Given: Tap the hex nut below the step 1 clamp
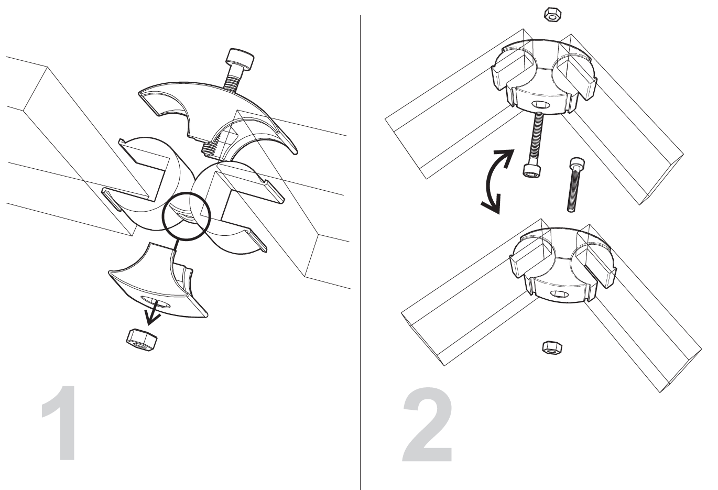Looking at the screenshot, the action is click(142, 341).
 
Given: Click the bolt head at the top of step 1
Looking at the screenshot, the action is click(240, 60).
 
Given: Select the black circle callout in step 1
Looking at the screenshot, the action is click(187, 216).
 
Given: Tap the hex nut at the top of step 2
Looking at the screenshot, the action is click(552, 15).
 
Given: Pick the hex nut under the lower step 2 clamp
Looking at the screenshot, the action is click(552, 347).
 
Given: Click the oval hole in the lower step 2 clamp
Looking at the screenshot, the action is click(559, 294).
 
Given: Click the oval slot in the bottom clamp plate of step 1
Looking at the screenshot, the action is click(156, 301).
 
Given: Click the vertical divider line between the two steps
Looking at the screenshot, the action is click(360, 253).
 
